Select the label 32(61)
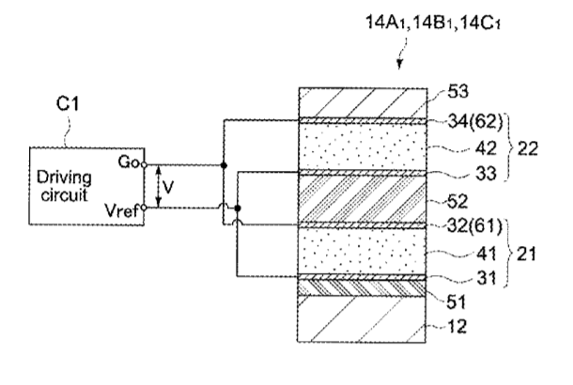coord(467,226)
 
